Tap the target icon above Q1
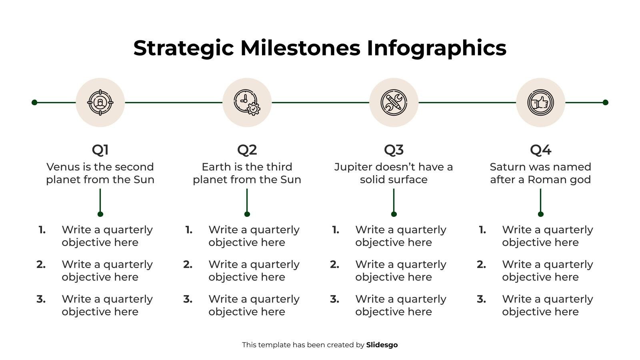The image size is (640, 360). [100, 102]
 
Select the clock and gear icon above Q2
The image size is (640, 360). [247, 102]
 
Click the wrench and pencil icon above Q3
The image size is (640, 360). [394, 102]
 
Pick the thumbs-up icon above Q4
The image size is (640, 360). [540, 102]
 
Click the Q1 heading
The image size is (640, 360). [100, 150]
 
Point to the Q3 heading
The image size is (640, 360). [394, 150]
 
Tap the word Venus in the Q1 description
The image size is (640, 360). [62, 167]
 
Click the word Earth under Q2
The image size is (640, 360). [216, 167]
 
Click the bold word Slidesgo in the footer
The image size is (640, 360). [382, 345]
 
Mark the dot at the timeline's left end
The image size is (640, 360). [34, 102]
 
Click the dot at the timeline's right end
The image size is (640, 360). [605, 102]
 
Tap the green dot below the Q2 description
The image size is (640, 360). [247, 214]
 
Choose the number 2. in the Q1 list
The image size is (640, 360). [41, 264]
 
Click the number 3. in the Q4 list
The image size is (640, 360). [481, 299]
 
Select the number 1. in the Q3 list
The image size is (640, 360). [336, 230]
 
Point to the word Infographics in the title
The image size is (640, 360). [436, 48]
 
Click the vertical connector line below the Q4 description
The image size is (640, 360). [540, 200]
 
